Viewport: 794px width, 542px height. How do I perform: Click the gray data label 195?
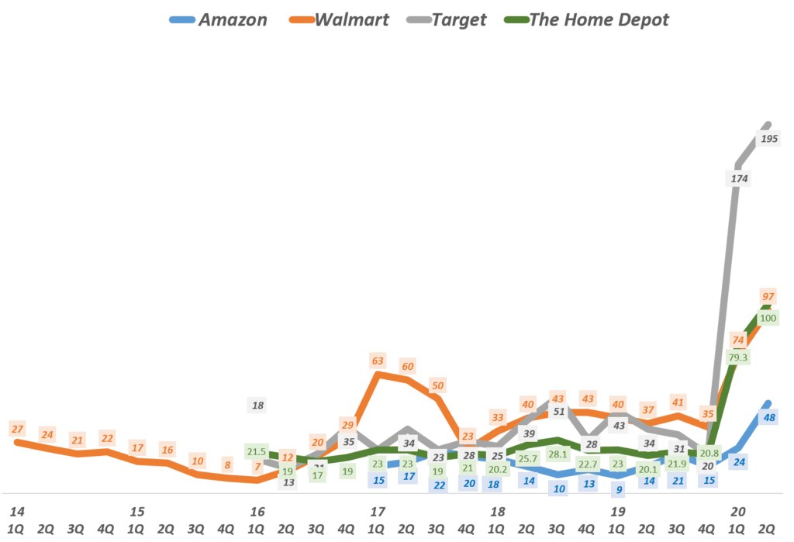[771, 139]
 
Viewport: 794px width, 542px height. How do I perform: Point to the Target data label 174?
[737, 178]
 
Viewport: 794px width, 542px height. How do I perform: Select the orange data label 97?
[768, 297]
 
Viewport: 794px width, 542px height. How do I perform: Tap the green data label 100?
[768, 317]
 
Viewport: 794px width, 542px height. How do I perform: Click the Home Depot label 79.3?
[738, 357]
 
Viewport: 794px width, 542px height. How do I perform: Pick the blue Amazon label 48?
[770, 417]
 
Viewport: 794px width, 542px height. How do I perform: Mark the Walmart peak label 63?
[378, 360]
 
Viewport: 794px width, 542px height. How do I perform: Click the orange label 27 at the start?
[17, 429]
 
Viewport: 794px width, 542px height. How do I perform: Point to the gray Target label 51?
[558, 411]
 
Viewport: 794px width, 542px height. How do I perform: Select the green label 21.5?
[257, 451]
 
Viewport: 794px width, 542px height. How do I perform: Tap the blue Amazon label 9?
[619, 489]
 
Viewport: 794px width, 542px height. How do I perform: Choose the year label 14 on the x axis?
[16, 512]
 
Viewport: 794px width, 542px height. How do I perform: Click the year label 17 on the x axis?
[378, 512]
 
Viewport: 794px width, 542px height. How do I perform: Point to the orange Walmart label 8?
[227, 465]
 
